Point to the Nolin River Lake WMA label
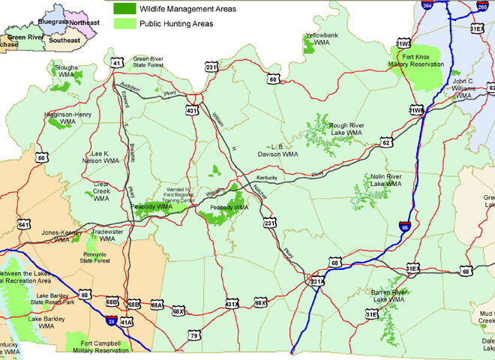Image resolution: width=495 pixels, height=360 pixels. [385, 180]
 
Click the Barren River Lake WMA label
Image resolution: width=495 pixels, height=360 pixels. [387, 296]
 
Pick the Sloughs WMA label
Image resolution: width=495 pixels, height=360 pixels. [66, 71]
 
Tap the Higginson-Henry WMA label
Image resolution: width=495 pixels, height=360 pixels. [68, 118]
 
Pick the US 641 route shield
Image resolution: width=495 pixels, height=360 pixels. [24, 224]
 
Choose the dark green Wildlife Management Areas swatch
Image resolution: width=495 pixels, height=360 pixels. [124, 10]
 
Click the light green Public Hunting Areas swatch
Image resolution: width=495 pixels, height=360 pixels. [124, 23]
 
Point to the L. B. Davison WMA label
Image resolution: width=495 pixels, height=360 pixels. [279, 151]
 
